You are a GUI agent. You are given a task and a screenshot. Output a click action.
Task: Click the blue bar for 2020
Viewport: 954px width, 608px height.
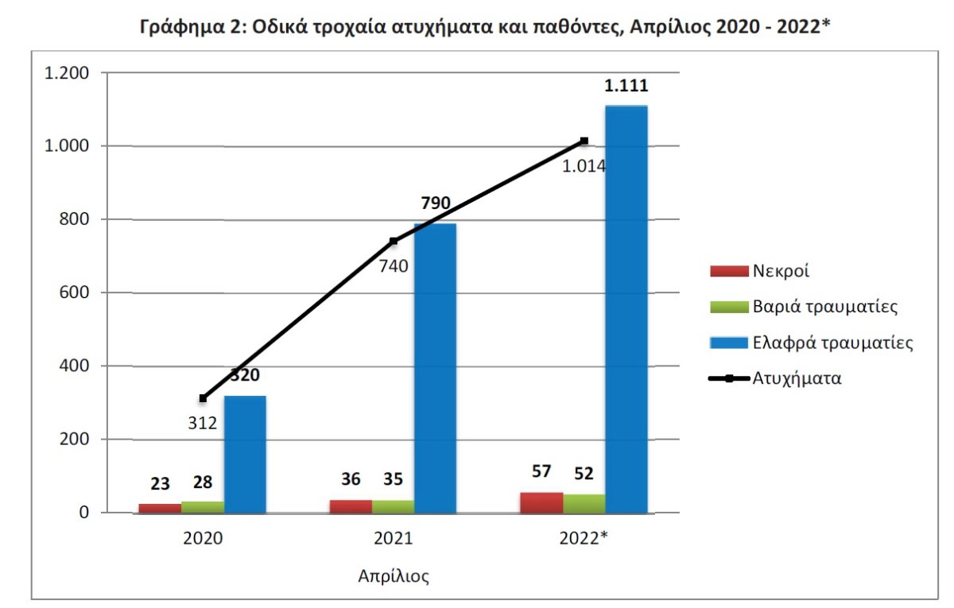click(x=245, y=454)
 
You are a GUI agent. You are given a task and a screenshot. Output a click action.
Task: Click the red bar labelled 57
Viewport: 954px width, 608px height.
click(x=541, y=503)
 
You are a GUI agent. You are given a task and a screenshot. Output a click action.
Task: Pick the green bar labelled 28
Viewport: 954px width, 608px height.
click(x=203, y=507)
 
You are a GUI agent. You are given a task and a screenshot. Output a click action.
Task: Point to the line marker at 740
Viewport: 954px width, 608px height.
click(x=394, y=241)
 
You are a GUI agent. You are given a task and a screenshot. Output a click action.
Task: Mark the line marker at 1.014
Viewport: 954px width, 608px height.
click(x=584, y=141)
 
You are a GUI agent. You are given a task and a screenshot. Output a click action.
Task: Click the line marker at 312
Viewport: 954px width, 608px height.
click(x=203, y=398)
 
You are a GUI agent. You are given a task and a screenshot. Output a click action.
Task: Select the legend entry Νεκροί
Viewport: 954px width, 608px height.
click(x=781, y=270)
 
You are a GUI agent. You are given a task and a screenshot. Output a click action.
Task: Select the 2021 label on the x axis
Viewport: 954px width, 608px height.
click(x=394, y=538)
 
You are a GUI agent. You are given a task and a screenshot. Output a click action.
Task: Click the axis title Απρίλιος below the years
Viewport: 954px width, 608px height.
click(x=394, y=576)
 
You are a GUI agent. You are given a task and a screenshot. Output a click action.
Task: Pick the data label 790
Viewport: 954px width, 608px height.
click(x=436, y=203)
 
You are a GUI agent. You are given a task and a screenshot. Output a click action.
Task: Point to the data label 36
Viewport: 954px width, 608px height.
click(x=351, y=479)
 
